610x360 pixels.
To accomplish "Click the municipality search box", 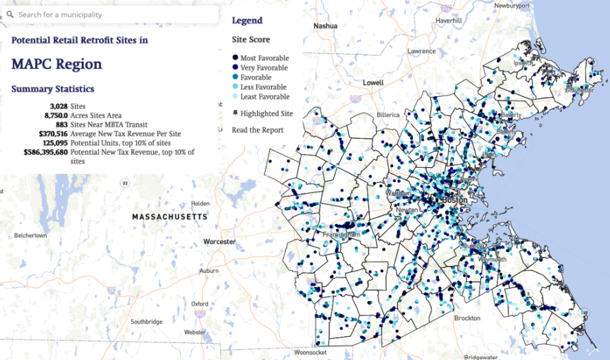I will (112, 14).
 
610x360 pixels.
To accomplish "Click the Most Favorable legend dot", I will (235, 58).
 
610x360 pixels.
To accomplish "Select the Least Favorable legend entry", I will (264, 97).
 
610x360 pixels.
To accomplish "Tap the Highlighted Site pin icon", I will (235, 113).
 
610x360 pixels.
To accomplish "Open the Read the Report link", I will (258, 130).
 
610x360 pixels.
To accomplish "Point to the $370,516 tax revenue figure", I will (44, 134).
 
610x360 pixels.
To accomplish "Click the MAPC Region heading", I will (57, 65).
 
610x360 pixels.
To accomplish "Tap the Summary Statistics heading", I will (53, 89).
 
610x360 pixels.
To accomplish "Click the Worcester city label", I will (219, 242).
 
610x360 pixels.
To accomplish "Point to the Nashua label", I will (325, 26).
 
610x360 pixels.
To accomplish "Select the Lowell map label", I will (373, 83).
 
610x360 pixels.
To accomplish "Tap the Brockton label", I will (467, 318).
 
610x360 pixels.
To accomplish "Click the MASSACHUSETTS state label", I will (170, 217).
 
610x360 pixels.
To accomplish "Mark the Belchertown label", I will (30, 235).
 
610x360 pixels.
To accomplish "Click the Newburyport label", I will (511, 5).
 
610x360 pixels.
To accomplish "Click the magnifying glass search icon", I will (10, 14).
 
